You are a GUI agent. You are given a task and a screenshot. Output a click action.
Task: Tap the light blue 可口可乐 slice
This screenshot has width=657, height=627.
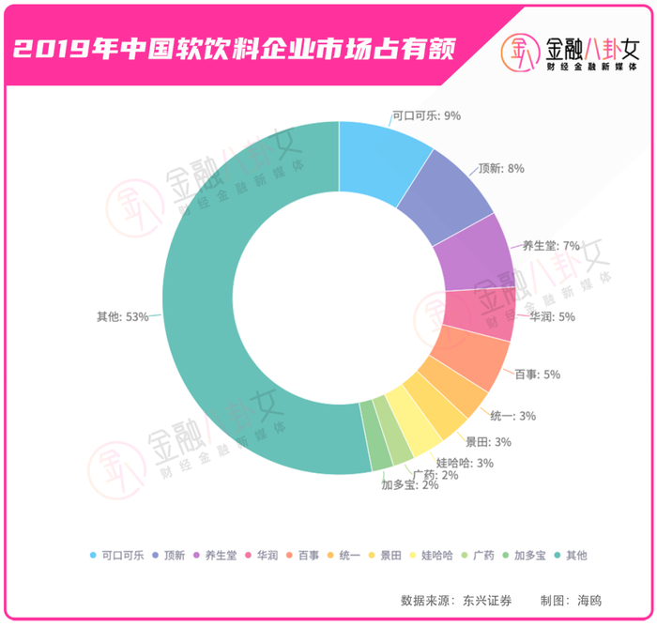[x=380, y=160]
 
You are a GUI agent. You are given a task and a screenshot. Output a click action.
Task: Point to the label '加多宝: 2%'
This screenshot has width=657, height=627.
[x=409, y=485]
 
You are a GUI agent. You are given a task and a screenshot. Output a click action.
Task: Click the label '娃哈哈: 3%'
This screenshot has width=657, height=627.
[x=465, y=463]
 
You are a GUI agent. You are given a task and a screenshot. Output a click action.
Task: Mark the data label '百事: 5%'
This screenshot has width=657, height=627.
[x=537, y=375]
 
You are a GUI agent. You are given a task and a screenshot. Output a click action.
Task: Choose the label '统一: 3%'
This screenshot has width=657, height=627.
[x=513, y=415]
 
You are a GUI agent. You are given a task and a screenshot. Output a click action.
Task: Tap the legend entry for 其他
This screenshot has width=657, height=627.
[x=572, y=555]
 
